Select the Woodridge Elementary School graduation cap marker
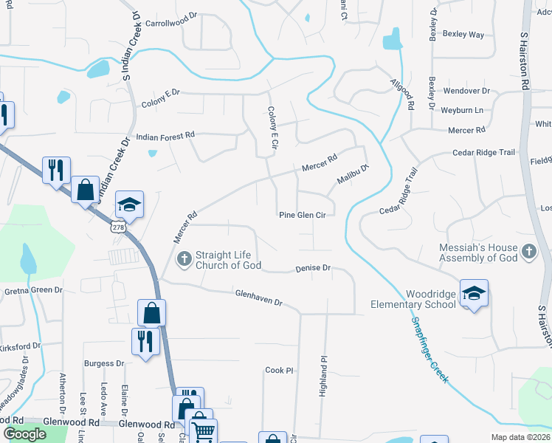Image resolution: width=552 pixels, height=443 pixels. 473,293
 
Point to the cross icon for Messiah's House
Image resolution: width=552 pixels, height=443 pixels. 528,253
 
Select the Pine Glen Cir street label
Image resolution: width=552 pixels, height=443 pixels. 302,215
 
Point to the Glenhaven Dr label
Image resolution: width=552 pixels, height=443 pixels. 259,298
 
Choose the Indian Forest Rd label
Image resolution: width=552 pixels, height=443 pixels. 165,136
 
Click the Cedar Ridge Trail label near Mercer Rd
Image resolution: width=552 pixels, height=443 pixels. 485,153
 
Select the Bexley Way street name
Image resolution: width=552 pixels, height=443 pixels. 463,34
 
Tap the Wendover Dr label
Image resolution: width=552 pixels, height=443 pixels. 466,91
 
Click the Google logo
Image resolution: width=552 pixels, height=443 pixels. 24,434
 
